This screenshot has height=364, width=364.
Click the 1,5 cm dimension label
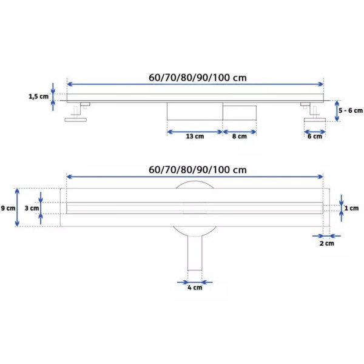(x=39, y=96)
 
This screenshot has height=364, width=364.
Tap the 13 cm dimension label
(x=195, y=136)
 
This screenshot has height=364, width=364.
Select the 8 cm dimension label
(x=240, y=136)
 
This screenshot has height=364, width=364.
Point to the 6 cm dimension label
(x=315, y=136)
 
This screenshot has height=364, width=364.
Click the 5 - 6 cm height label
(x=351, y=110)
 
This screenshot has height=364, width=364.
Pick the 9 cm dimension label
(x=8, y=208)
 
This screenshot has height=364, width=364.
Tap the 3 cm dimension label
(x=32, y=208)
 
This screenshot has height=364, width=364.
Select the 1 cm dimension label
(x=351, y=208)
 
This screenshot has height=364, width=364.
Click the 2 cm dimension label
(x=327, y=243)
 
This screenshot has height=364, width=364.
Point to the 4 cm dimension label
(x=195, y=288)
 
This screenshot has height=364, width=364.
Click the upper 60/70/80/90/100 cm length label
(x=198, y=78)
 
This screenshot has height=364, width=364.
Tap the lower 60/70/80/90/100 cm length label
(x=198, y=170)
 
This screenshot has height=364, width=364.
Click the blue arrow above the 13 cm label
(x=195, y=132)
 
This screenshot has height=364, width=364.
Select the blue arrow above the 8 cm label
(x=240, y=132)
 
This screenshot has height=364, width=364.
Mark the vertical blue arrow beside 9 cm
(x=17, y=207)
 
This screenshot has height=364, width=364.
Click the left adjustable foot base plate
(x=76, y=120)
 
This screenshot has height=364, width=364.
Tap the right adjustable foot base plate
(x=315, y=120)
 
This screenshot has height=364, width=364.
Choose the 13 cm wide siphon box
(x=195, y=111)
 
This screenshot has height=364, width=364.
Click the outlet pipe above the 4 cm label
(x=195, y=253)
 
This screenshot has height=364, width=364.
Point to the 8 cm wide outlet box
(x=240, y=113)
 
